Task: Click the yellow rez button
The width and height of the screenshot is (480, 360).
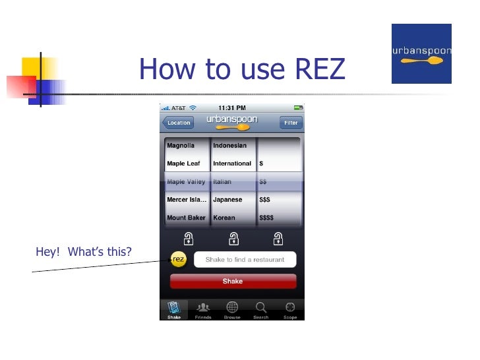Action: (178, 260)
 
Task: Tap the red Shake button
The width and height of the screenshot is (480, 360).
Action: (233, 282)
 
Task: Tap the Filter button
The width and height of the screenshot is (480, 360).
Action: (291, 123)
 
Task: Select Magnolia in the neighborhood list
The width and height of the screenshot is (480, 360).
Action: (181, 146)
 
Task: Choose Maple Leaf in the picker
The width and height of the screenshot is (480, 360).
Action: (183, 164)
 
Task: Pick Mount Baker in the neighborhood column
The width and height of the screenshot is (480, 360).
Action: (186, 218)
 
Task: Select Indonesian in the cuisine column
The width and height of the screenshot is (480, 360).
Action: (229, 146)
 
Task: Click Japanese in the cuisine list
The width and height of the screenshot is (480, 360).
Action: (227, 200)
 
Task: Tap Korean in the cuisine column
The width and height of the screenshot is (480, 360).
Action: (224, 218)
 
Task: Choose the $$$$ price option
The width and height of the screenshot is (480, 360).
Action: (266, 218)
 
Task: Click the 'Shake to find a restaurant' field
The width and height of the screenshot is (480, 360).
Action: (245, 260)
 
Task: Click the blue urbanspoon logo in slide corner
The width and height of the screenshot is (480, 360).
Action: (421, 53)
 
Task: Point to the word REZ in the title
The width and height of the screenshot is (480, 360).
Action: (312, 69)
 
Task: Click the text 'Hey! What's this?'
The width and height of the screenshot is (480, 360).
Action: (84, 252)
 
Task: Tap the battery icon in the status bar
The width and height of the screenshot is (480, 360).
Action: (297, 107)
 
